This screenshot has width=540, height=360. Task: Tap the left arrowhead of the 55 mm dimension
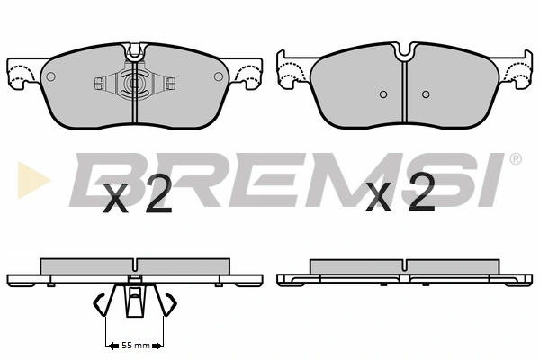110,345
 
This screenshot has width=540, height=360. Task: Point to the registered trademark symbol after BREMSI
515,160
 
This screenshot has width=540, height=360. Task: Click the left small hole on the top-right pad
382,94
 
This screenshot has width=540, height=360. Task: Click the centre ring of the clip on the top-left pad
133,85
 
